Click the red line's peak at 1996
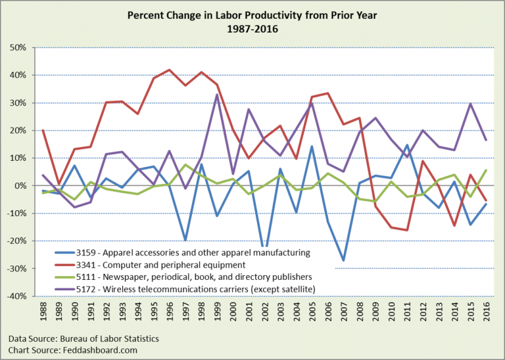pos(170,70)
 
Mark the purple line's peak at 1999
pos(217,95)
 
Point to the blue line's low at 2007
pos(343,260)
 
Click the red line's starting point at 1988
pos(43,130)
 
